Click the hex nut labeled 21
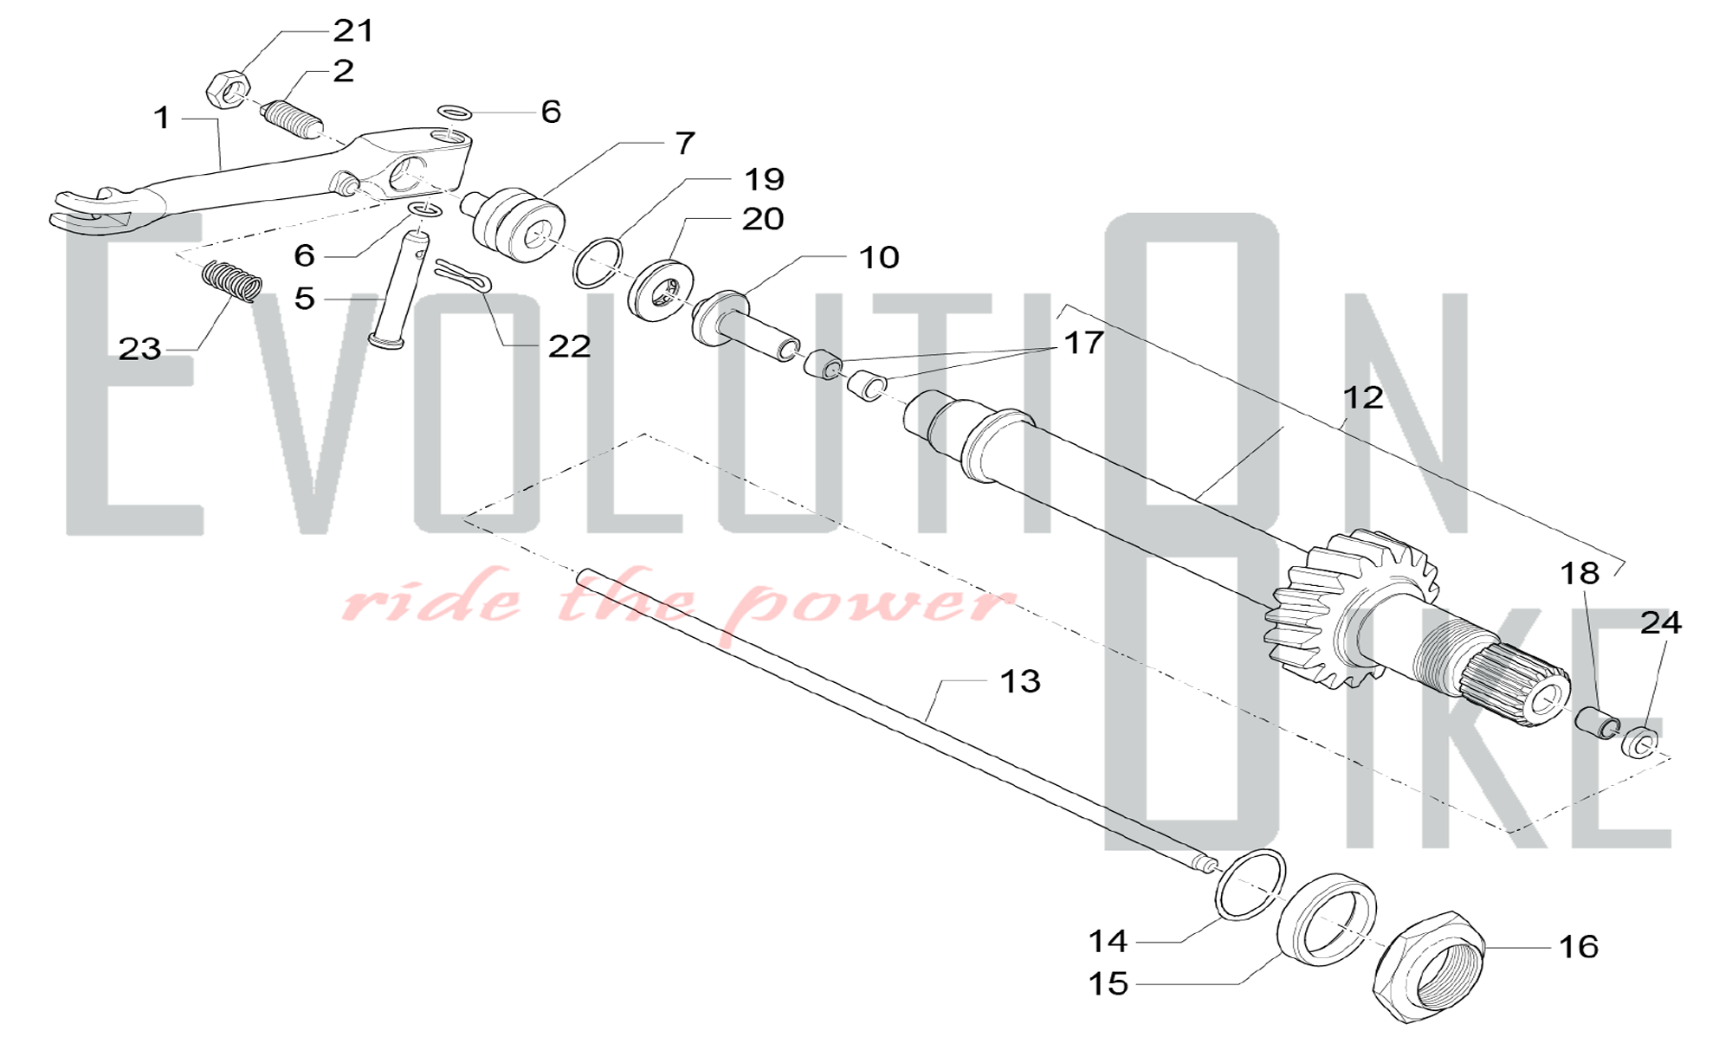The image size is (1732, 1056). click(x=229, y=89)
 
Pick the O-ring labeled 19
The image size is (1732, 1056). click(x=598, y=262)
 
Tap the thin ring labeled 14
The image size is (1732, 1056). click(x=1251, y=884)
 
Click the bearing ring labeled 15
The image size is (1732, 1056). click(x=1327, y=918)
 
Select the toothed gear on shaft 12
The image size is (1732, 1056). click(x=1352, y=611)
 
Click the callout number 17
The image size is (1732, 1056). click(x=1082, y=343)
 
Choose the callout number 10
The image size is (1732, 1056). click(x=879, y=257)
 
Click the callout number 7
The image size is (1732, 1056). click(x=685, y=143)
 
